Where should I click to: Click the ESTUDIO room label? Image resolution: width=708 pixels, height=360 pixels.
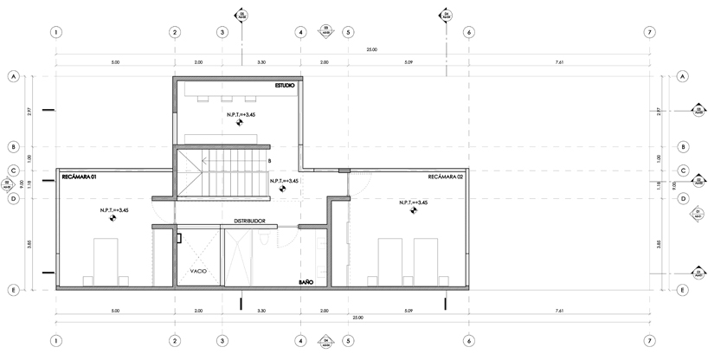[x=285, y=86]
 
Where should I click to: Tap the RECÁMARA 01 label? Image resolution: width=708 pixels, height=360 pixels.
[x=78, y=177]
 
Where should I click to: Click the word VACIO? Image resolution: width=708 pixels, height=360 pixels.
[x=199, y=270]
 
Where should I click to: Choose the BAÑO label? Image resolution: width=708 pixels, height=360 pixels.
[x=306, y=282]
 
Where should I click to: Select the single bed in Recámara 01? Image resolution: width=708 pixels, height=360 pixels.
[x=106, y=261]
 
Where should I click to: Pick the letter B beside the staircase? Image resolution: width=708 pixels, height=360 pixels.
[x=270, y=161]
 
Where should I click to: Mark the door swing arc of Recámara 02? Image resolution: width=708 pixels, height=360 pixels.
[x=358, y=183]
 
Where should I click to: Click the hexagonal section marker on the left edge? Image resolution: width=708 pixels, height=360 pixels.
[x=8, y=182]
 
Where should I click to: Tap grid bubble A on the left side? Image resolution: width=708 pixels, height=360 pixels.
[x=14, y=76]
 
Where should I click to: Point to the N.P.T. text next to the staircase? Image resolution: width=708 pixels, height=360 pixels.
[x=284, y=182]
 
